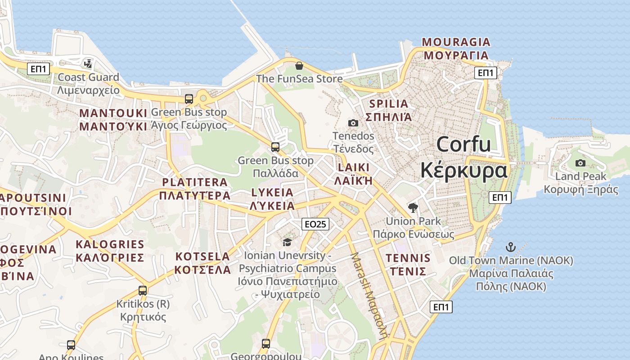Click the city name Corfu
click(463, 145)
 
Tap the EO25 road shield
click(315, 224)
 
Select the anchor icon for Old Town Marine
click(511, 247)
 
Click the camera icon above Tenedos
click(353, 123)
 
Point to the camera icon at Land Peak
click(580, 163)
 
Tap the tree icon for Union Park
click(413, 208)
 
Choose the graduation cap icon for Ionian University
click(287, 243)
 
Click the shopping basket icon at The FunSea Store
click(299, 66)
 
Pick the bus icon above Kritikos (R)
click(143, 291)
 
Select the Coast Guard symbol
click(88, 64)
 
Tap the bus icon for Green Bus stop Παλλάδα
click(275, 147)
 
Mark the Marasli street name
click(369, 295)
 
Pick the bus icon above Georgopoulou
click(266, 344)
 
